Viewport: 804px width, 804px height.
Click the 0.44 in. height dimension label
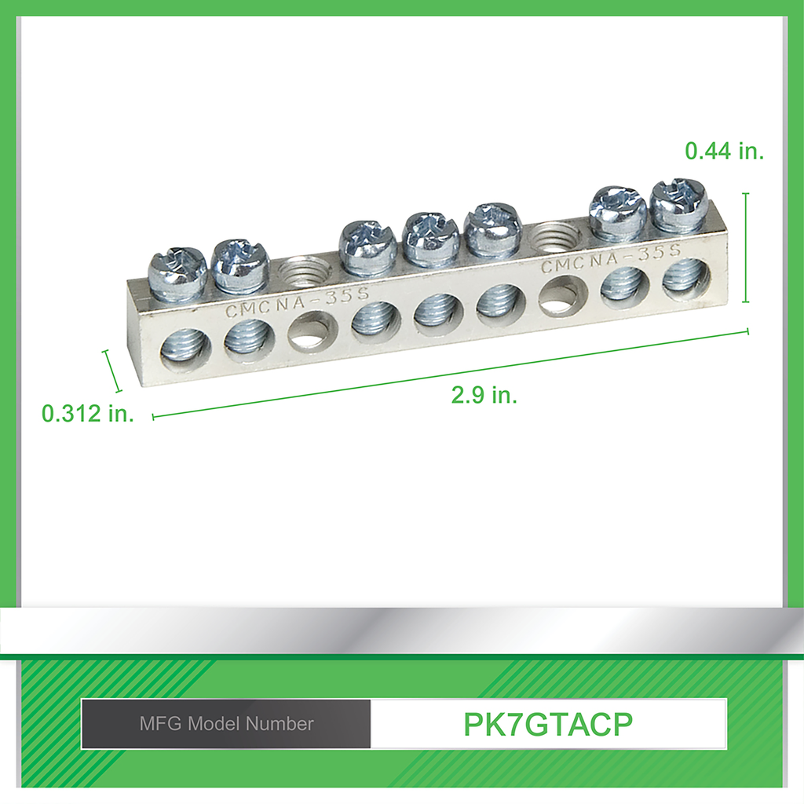coord(724,151)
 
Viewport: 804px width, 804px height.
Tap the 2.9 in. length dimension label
coord(484,395)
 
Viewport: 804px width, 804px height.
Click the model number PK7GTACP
coord(548,724)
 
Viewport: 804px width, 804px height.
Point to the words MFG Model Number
coord(226,724)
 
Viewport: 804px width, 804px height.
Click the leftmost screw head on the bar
coord(177,270)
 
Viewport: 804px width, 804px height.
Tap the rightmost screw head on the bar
coord(679,203)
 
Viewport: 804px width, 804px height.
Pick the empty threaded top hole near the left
coord(303,270)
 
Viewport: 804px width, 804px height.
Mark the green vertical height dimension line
coord(745,247)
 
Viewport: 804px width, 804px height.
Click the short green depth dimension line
coord(112,371)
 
